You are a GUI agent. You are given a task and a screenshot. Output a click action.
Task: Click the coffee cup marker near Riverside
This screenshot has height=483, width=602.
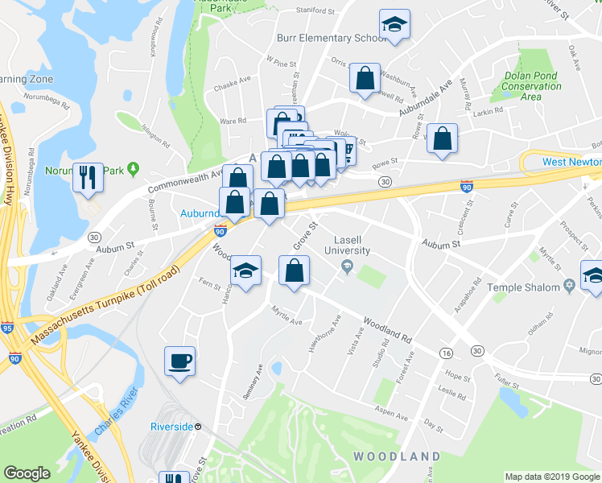pyautogui.click(x=179, y=360)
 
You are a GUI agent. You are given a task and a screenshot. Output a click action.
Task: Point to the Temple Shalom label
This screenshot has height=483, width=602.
pyautogui.click(x=527, y=287)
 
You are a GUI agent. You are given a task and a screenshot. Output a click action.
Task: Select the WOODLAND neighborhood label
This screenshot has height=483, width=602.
pyautogui.click(x=397, y=456)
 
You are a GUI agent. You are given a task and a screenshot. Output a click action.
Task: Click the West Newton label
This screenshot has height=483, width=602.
pyautogui.click(x=560, y=162)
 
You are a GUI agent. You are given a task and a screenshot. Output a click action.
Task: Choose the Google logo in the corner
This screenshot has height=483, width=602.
pyautogui.click(x=27, y=473)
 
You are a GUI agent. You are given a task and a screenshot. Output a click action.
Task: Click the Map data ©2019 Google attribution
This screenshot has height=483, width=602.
pyautogui.click(x=551, y=477)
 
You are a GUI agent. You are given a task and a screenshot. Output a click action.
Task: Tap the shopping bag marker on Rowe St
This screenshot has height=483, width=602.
pyautogui.click(x=443, y=138)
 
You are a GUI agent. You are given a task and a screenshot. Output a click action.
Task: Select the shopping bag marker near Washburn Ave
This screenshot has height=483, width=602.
pyautogui.click(x=365, y=78)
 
